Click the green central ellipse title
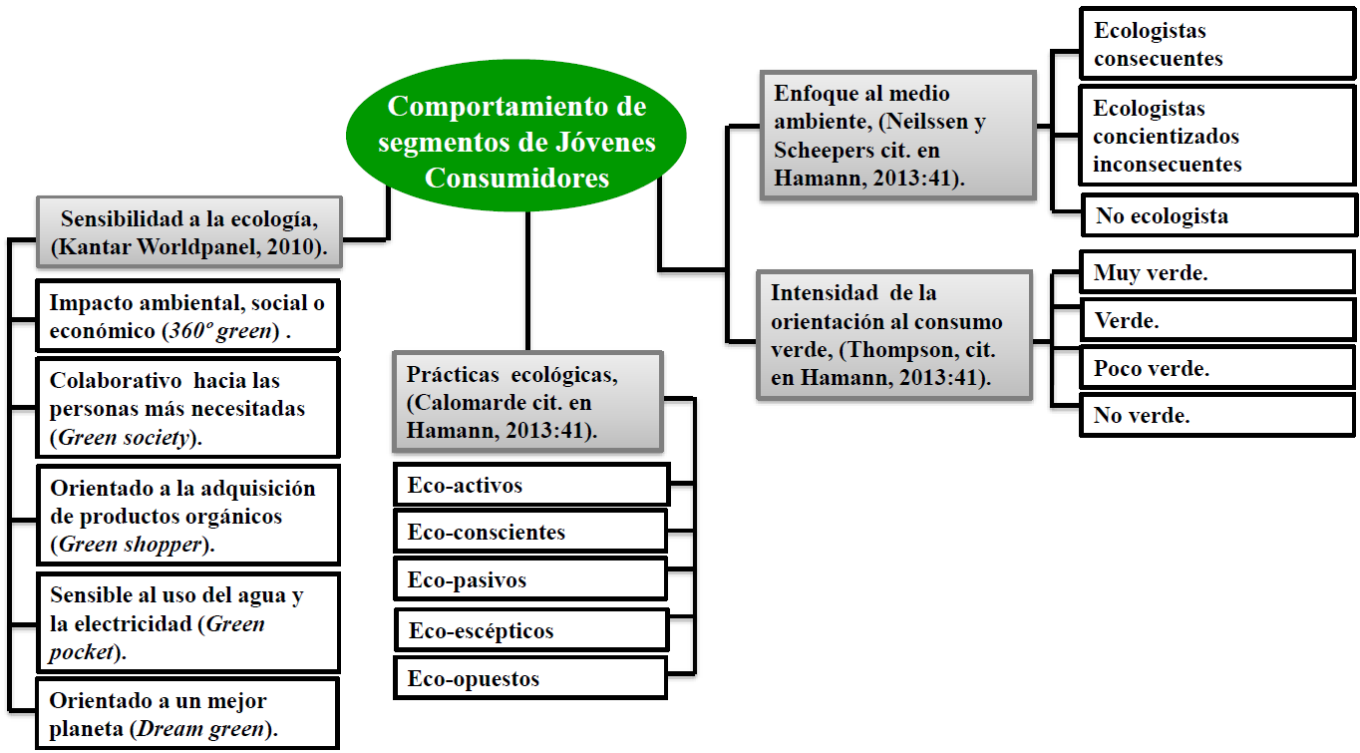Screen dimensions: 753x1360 (516, 142)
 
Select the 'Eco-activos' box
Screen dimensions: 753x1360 (531, 486)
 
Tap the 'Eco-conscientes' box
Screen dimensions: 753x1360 (530, 532)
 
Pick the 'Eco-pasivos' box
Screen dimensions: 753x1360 (530, 579)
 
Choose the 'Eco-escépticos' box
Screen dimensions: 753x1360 (531, 630)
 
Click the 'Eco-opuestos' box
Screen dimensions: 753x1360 (530, 678)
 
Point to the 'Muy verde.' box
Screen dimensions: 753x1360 (1217, 273)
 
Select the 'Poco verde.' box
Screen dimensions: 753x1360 (1217, 367)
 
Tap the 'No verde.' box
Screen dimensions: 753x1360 (1217, 415)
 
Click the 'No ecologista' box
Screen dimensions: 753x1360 (1217, 215)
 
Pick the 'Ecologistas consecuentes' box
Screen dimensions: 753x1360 (1217, 45)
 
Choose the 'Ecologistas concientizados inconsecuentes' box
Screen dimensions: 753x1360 (1217, 136)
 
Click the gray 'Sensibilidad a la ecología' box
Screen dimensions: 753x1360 (189, 232)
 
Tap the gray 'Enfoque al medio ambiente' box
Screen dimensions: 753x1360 (897, 135)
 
